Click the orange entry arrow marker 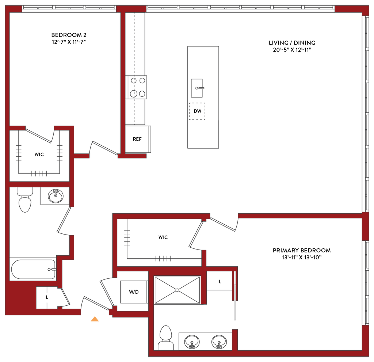tap(95, 319)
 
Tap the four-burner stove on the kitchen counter tap(137, 87)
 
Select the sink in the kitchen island tap(197, 88)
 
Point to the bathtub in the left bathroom tap(33, 270)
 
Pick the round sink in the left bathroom tap(54, 197)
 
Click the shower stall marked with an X tap(178, 290)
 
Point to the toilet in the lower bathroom tap(165, 337)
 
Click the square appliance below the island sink tap(198, 111)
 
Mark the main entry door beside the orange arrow tap(96, 303)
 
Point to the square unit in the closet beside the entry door tap(134, 292)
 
